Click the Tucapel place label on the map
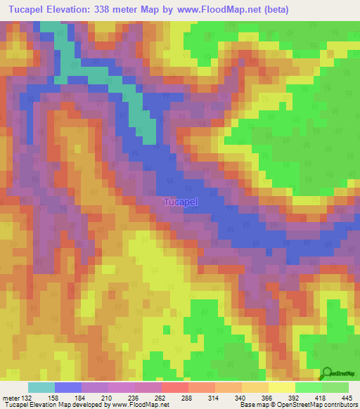click(x=181, y=202)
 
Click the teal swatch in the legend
click(x=41, y=387)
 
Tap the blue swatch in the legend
click(x=67, y=387)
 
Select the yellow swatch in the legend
click(x=281, y=387)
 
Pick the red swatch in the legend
click(x=174, y=387)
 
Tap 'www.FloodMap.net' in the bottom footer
click(x=139, y=405)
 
